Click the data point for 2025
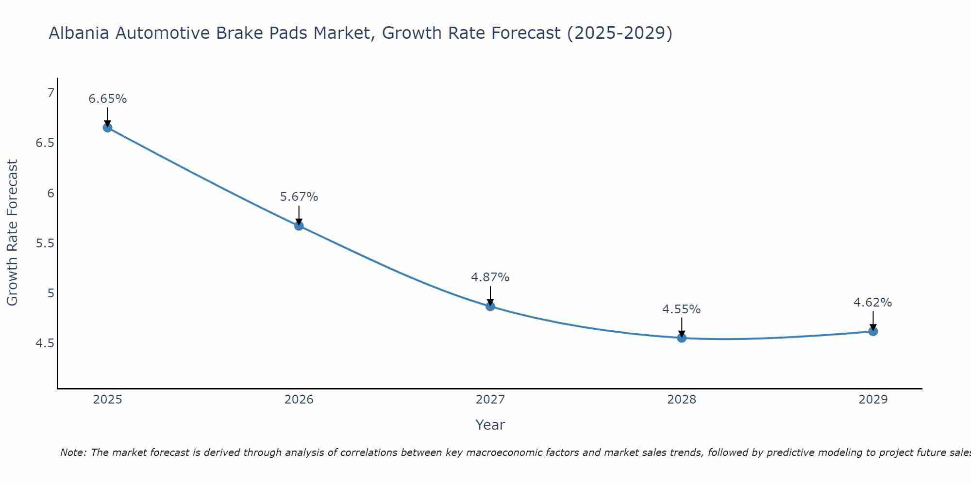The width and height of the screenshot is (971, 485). (107, 128)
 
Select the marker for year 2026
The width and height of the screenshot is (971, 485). (299, 226)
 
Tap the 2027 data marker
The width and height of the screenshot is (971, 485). (490, 306)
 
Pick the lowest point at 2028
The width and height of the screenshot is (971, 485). (682, 338)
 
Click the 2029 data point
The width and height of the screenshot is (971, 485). (873, 331)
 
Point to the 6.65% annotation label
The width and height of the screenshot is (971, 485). (107, 99)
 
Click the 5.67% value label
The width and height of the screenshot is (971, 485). (299, 197)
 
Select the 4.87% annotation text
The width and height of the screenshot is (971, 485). (490, 277)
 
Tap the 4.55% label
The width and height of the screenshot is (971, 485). (681, 309)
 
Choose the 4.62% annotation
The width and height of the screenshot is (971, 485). (872, 303)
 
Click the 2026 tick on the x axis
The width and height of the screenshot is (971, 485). (299, 400)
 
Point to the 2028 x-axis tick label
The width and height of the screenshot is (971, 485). (682, 400)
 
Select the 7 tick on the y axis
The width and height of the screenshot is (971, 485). (50, 93)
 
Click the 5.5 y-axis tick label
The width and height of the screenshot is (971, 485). (45, 243)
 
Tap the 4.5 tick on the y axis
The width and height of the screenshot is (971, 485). (45, 343)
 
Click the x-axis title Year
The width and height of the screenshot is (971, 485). (490, 425)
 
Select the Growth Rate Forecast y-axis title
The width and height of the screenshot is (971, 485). (12, 233)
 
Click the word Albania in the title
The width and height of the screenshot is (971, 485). (79, 33)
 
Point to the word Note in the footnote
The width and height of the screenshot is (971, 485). (72, 453)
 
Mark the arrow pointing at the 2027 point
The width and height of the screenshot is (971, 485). (490, 295)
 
